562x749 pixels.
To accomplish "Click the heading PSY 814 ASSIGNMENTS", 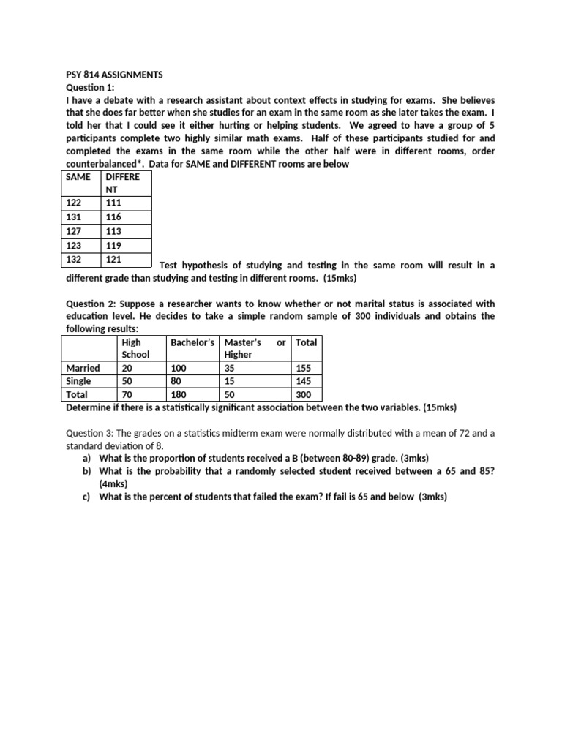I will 110,75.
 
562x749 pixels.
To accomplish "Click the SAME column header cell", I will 78,177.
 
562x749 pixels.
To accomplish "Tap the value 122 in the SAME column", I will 75,203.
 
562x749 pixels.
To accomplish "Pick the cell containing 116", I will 113,217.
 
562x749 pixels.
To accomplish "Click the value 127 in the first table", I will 75,231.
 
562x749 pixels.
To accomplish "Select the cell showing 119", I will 113,246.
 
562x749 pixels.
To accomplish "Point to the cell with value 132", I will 75,260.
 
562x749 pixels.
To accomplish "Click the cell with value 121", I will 113,260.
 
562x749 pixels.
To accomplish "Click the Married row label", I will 83,368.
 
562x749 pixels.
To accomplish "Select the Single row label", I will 78,381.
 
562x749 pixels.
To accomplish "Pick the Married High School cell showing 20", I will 128,368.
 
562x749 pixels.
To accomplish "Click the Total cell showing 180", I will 179,394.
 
